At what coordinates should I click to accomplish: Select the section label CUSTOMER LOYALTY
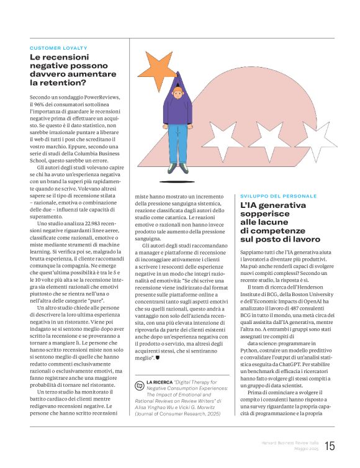click(58, 48)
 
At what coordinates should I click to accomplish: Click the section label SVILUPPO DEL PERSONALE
click(278, 196)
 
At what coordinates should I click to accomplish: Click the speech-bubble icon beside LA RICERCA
click(139, 385)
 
